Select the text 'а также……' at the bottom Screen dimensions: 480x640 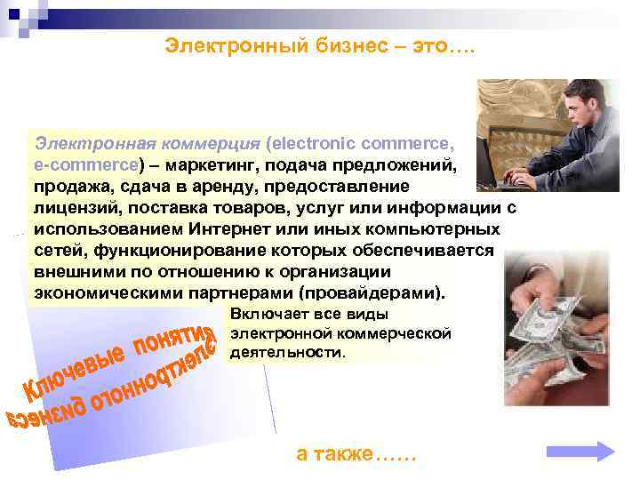356,453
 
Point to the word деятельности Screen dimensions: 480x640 285,352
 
